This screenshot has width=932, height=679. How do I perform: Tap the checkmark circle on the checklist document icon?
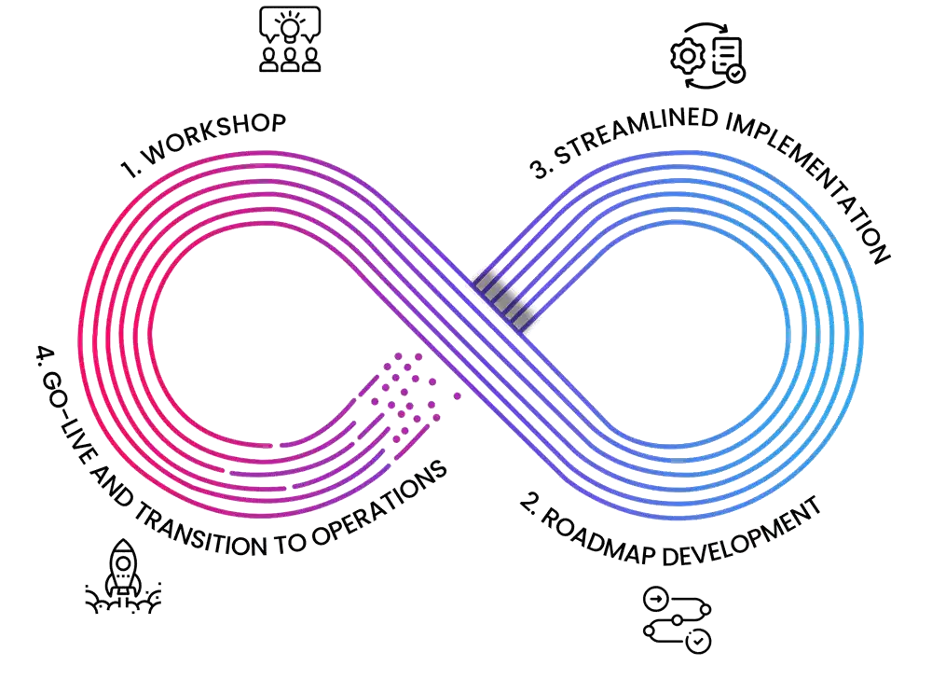coord(735,73)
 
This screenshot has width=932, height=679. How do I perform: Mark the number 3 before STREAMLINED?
coord(541,169)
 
